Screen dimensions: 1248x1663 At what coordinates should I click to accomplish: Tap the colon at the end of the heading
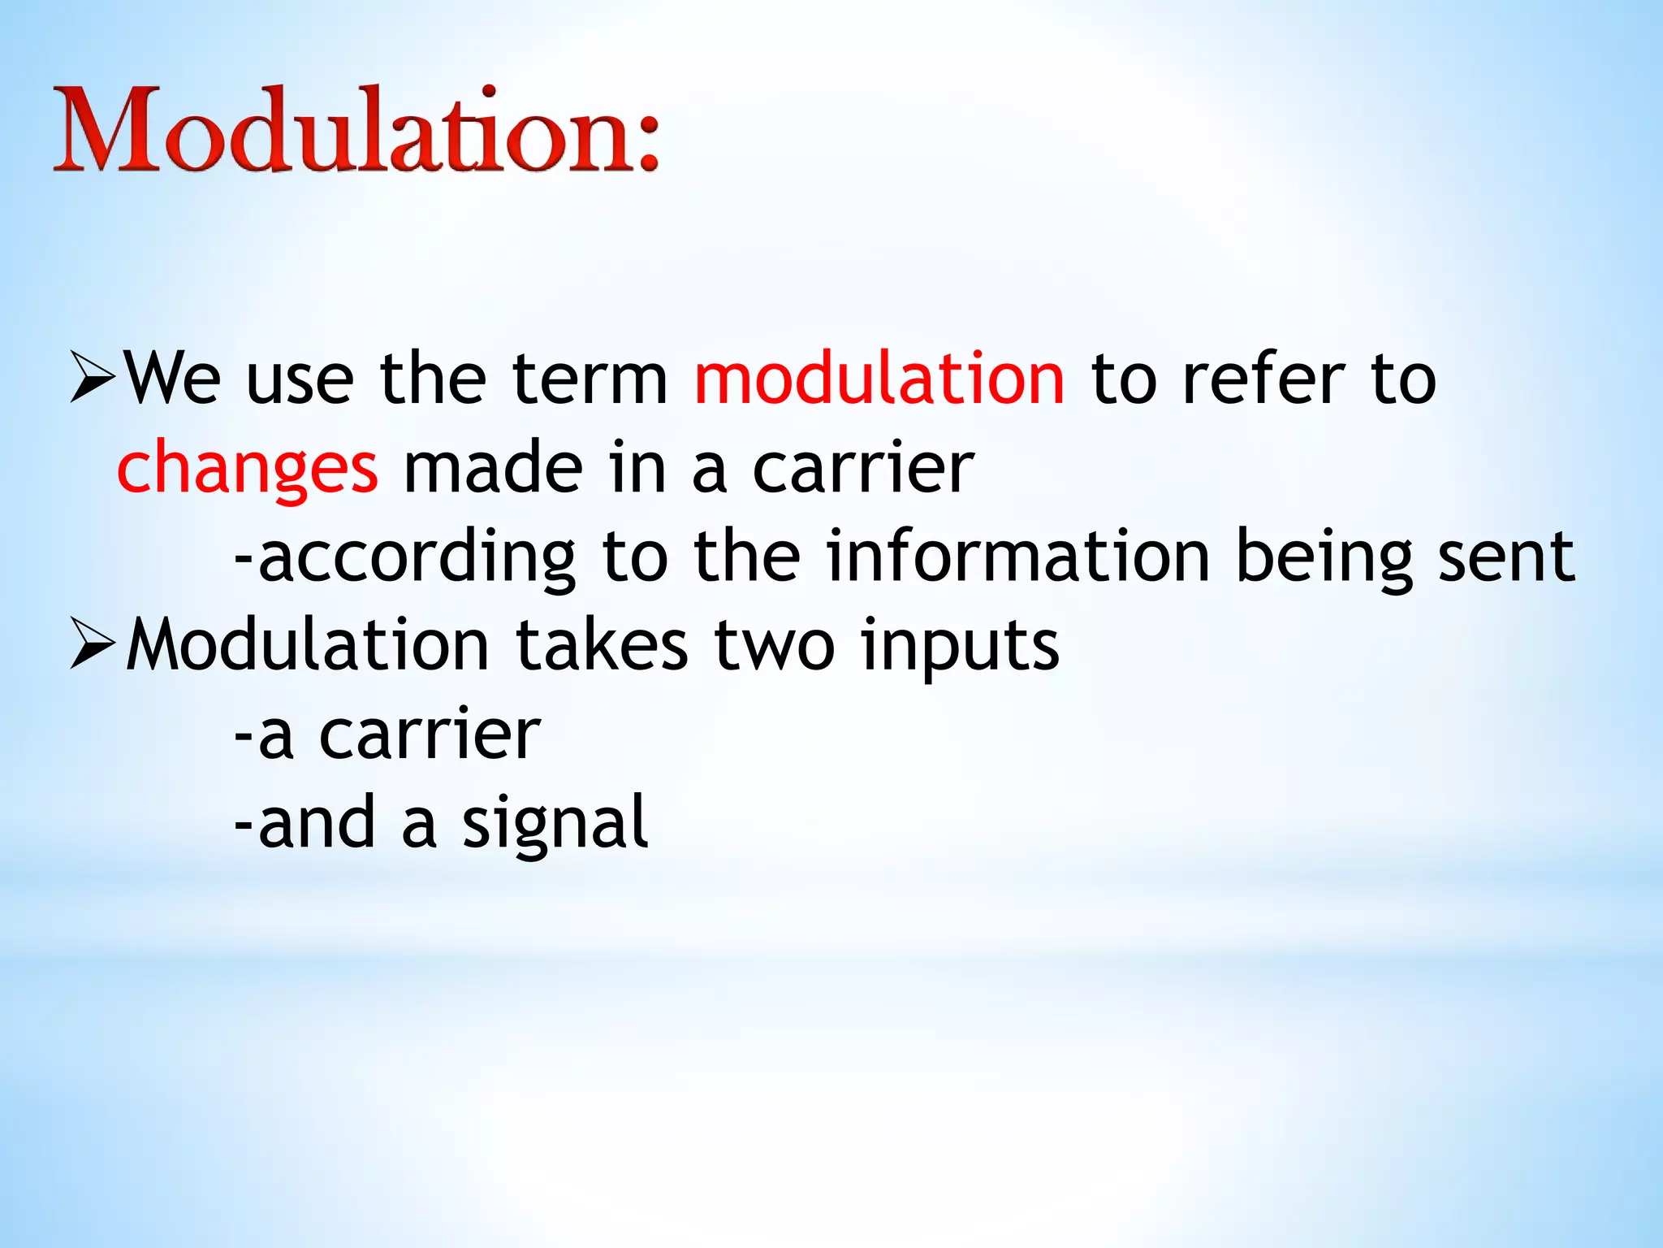(x=647, y=146)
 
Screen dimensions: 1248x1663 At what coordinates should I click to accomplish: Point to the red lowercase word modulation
(x=879, y=379)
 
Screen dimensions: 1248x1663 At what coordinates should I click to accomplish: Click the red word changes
(x=248, y=470)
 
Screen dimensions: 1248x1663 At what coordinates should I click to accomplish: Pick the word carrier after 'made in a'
(x=863, y=469)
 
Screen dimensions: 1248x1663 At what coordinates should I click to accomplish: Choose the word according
(x=417, y=559)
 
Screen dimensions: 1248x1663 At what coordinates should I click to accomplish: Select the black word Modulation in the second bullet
(x=308, y=645)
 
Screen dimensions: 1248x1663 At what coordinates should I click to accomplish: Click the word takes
(x=602, y=645)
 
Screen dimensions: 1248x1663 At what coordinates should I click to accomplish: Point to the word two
(x=774, y=647)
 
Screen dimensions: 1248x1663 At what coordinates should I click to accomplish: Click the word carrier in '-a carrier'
(x=430, y=734)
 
